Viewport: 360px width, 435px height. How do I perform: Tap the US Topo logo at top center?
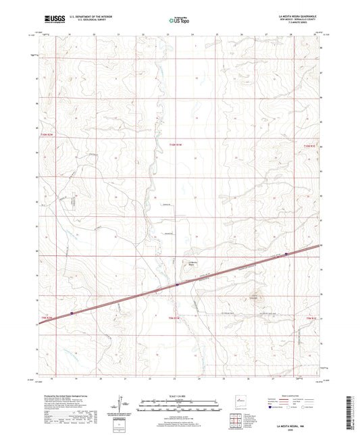(178, 20)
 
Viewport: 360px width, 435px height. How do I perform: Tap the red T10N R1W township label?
(176, 145)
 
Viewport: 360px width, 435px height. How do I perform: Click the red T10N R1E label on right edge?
(309, 145)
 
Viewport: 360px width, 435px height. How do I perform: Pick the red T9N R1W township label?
(175, 317)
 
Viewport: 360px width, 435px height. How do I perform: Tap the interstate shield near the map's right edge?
(286, 254)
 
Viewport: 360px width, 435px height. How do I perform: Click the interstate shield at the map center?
(177, 285)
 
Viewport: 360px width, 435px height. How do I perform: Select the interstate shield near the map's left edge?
(72, 313)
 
